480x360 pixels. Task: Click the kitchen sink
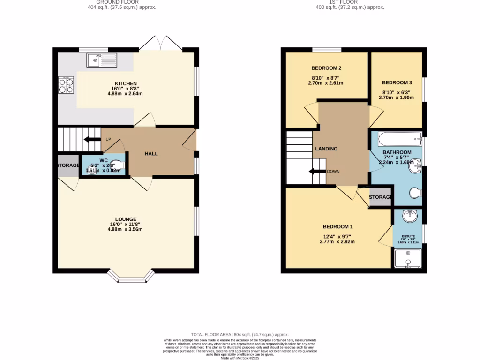tap(101, 60)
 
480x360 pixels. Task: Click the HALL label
tap(151, 154)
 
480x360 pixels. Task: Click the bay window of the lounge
tap(130, 277)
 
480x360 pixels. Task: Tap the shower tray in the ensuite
tap(408, 259)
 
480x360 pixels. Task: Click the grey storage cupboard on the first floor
tap(381, 197)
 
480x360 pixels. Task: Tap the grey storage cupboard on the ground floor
tap(68, 166)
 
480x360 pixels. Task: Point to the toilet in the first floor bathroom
tap(415, 193)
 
